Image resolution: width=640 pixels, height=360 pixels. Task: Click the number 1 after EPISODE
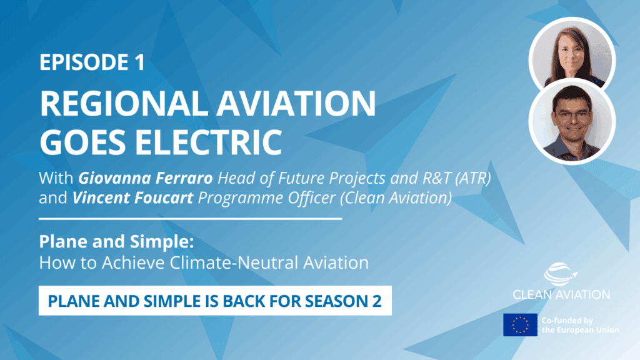click(x=139, y=62)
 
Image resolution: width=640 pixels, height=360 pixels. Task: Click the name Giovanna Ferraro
click(x=146, y=178)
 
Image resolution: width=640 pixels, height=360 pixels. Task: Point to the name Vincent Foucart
click(x=132, y=197)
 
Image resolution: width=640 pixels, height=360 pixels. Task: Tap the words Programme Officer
click(x=266, y=198)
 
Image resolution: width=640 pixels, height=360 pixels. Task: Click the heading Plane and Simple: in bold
click(x=116, y=242)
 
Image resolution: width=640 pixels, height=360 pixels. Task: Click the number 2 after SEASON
click(x=376, y=301)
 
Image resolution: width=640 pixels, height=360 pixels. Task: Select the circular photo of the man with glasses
click(x=572, y=122)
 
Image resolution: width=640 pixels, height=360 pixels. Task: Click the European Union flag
click(x=520, y=325)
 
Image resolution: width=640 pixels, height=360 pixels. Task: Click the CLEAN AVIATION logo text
click(x=561, y=294)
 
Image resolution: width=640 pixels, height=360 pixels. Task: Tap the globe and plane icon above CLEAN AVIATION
click(x=561, y=274)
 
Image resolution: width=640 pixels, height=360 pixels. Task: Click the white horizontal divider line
click(x=190, y=219)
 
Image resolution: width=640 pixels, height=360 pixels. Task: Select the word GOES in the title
click(x=84, y=142)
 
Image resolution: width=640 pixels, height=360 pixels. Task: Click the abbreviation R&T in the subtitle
click(x=437, y=178)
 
